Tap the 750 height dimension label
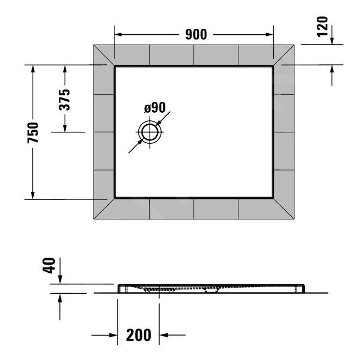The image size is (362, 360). pos(33,132)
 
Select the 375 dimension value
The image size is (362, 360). pos(65,99)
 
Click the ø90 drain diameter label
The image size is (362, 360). pos(155,108)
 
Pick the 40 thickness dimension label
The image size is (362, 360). pos(50,267)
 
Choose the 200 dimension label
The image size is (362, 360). pos(139,334)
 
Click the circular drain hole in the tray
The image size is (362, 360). pos(149,132)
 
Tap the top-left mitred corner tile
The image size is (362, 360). pos(105,56)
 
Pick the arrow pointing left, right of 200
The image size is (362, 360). pos(165,335)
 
